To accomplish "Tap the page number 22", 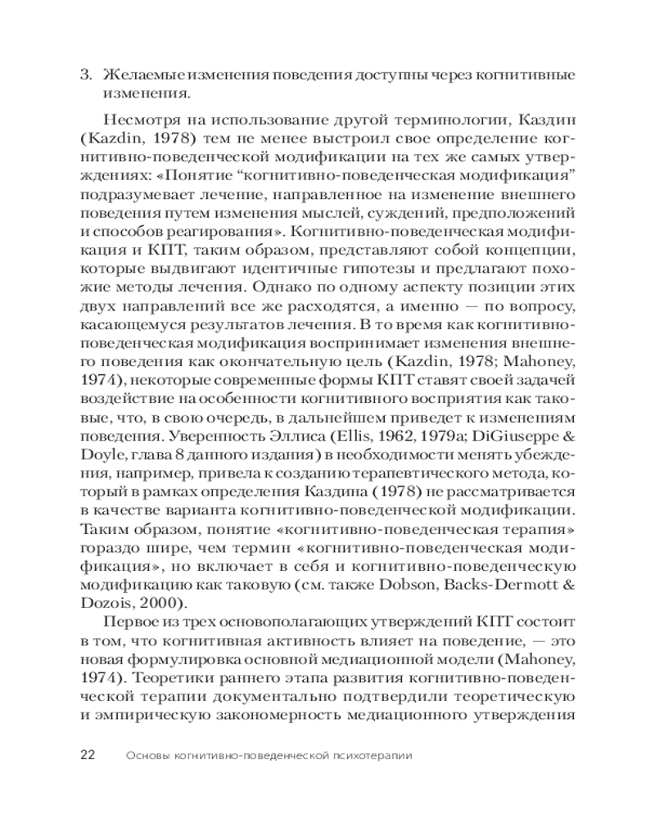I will [x=88, y=754].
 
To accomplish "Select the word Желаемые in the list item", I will [x=136, y=75].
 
